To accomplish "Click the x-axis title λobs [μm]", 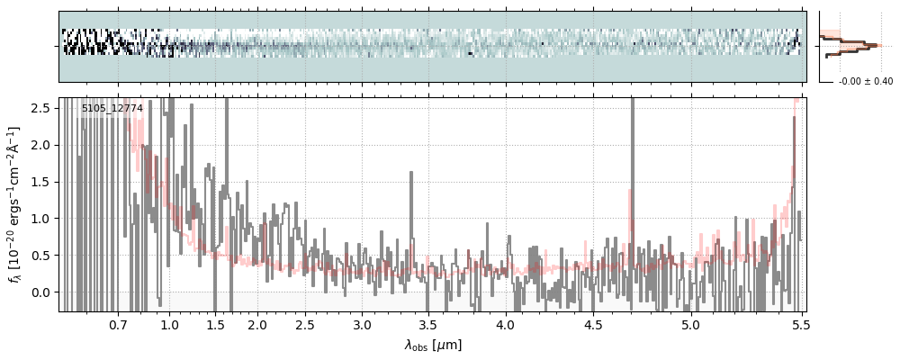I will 433,345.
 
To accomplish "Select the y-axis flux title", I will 15,205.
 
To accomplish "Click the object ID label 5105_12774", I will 112,109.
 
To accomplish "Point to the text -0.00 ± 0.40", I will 865,82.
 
